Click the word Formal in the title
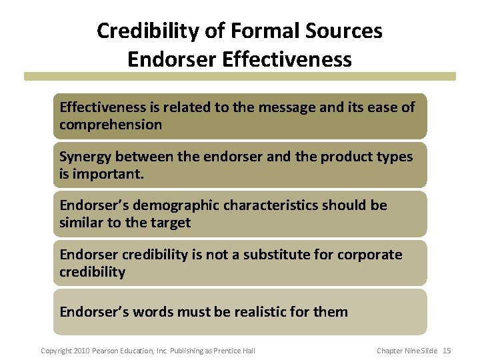(261, 31)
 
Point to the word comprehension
(111, 125)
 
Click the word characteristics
(271, 205)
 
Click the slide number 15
(447, 351)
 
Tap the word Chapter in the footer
(389, 351)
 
